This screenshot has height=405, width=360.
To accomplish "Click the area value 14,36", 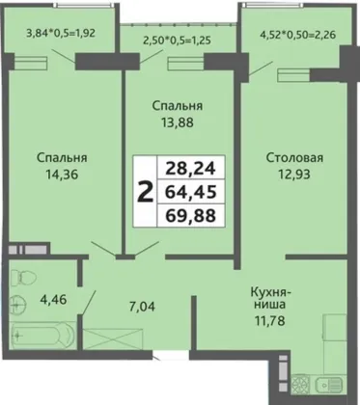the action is [62, 175].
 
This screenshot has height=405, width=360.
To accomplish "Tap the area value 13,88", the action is [178, 122].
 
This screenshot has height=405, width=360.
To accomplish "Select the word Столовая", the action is [294, 157].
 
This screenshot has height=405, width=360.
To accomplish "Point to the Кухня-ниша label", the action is [270, 298].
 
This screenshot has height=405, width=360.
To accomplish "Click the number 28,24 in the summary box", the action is [190, 168].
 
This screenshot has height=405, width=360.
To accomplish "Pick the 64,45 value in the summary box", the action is [190, 192].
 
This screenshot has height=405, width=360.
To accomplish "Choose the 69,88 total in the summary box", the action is [190, 215].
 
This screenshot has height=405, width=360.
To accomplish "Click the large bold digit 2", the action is [145, 192].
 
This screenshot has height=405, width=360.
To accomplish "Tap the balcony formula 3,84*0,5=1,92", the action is [61, 33].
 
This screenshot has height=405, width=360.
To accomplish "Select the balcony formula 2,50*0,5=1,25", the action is [178, 40].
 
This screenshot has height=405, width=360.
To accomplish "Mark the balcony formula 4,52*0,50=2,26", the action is [298, 34].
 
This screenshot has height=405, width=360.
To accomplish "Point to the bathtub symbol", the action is [42, 335].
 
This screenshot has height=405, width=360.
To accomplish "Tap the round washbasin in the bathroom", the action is [18, 304].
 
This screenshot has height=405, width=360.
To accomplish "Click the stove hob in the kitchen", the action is [300, 385].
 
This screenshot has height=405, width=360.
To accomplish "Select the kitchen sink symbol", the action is [328, 385].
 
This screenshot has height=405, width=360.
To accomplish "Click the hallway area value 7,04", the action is [142, 307].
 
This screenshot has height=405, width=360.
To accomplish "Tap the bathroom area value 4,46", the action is [53, 299].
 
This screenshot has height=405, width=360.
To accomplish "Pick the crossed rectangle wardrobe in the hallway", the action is [113, 338].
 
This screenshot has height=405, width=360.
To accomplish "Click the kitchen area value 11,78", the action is [269, 321].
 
